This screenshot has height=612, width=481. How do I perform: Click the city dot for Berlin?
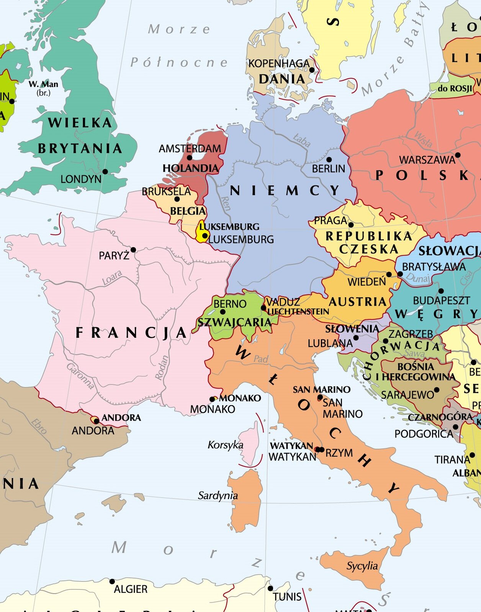click(x=329, y=159)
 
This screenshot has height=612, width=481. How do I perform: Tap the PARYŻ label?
click(x=114, y=256)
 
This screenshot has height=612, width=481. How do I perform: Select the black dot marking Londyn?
click(x=105, y=171)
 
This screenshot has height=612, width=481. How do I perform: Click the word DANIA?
click(x=282, y=79)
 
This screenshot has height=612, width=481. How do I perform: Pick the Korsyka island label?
click(x=225, y=445)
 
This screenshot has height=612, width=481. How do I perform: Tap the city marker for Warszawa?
click(x=457, y=155)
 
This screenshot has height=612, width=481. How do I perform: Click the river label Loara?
click(x=112, y=278)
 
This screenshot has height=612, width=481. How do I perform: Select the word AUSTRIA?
click(x=358, y=302)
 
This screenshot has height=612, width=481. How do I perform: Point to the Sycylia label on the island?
click(x=362, y=566)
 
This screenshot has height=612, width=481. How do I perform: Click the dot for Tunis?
click(x=270, y=588)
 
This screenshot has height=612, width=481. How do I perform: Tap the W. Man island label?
click(x=43, y=84)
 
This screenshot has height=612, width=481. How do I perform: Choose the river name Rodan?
click(x=162, y=368)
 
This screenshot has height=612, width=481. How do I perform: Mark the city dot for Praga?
click(x=351, y=225)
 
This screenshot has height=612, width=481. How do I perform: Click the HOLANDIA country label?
click(x=190, y=168)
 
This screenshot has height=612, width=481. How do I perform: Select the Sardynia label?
click(x=218, y=496)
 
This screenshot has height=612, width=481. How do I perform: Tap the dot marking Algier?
click(x=112, y=581)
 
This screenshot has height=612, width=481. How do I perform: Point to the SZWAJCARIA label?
click(x=234, y=322)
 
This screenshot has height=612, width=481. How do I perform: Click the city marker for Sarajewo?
click(x=436, y=390)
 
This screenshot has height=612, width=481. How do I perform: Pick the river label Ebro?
click(x=39, y=426)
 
